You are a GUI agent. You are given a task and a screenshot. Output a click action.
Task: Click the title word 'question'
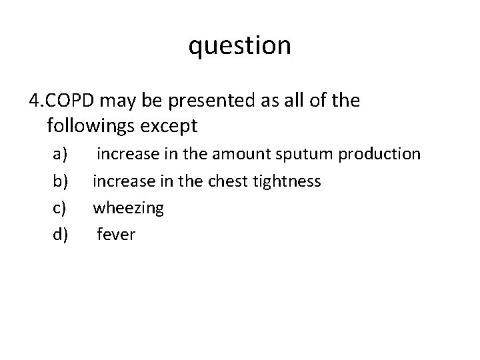[x=240, y=46]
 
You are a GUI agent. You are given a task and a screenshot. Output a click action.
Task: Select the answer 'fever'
[x=116, y=234]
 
